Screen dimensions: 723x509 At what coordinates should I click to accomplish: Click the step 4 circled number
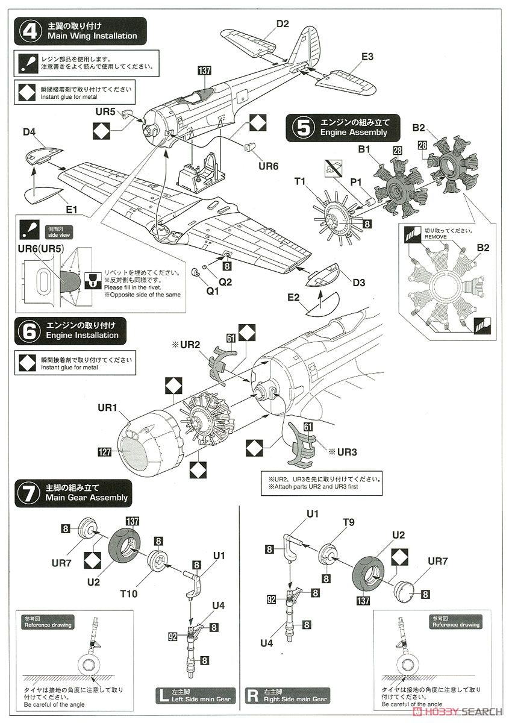(28, 31)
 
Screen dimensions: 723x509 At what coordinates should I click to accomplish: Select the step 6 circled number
(28, 331)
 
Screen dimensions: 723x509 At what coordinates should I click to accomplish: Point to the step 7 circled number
(28, 492)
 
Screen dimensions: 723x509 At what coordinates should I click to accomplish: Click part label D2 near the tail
(283, 24)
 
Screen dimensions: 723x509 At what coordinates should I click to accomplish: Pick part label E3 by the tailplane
(367, 57)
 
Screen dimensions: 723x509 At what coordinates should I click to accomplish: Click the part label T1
(300, 180)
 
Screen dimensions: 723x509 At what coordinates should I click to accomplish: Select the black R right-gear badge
(252, 696)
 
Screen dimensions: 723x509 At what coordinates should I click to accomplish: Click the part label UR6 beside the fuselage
(268, 164)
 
